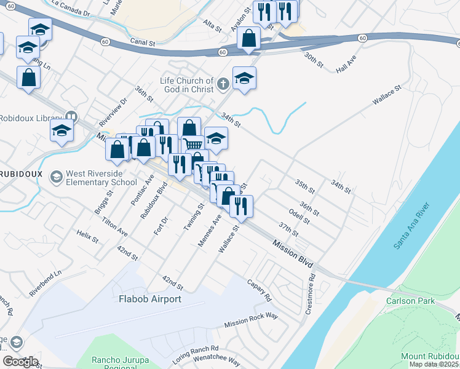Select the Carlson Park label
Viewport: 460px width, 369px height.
tap(410, 301)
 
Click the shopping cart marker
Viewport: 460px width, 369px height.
tap(194, 145)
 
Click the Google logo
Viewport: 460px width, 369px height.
tap(20, 361)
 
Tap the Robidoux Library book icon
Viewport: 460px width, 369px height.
tap(71, 117)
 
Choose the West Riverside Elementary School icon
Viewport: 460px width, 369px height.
tap(57, 177)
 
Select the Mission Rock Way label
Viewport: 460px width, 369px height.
tap(251, 320)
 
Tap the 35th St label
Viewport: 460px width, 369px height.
tap(304, 184)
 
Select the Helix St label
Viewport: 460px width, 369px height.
tap(87, 236)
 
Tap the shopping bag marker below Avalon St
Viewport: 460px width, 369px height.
tap(248, 38)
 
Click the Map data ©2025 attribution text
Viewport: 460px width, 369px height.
tap(430, 364)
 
